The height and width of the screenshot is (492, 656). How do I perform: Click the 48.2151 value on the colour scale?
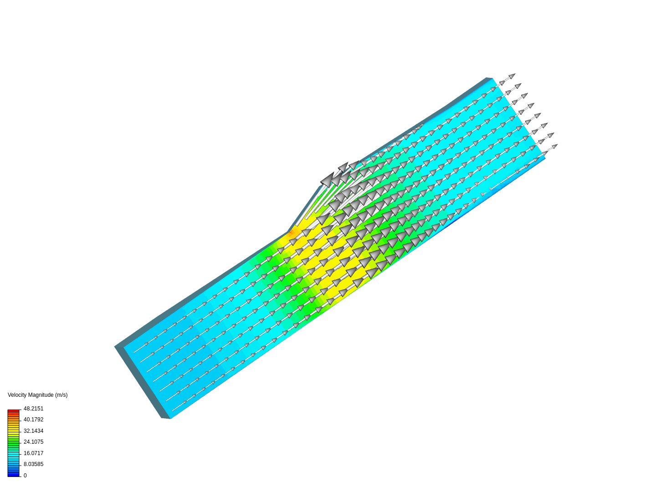point(33,408)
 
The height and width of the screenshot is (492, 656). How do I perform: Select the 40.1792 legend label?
point(33,420)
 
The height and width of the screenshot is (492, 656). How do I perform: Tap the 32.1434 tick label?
point(33,431)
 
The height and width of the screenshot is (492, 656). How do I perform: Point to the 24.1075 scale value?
point(33,441)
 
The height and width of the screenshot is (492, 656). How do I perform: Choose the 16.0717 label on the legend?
point(33,453)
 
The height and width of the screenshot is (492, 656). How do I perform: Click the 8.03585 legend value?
point(33,464)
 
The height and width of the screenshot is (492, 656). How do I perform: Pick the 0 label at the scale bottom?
point(25,475)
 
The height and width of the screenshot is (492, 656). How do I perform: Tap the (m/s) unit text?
point(61,395)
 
